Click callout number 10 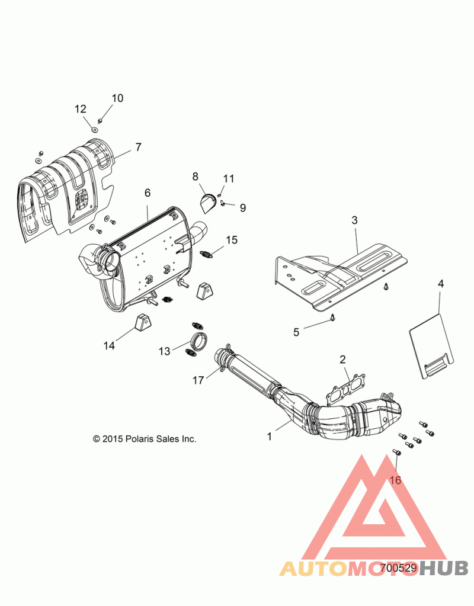[x=117, y=98]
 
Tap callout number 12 [x=81, y=109]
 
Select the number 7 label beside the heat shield [x=139, y=148]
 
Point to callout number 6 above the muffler [x=148, y=193]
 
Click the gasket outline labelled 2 [x=345, y=386]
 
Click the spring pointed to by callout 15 [x=208, y=254]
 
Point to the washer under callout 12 [x=94, y=128]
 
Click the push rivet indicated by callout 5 [x=333, y=318]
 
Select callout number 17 [x=198, y=381]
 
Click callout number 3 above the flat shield [x=354, y=220]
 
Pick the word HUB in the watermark [x=444, y=568]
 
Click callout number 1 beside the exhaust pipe [x=270, y=437]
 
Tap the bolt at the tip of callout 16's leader [x=396, y=452]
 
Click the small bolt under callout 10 [x=100, y=121]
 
